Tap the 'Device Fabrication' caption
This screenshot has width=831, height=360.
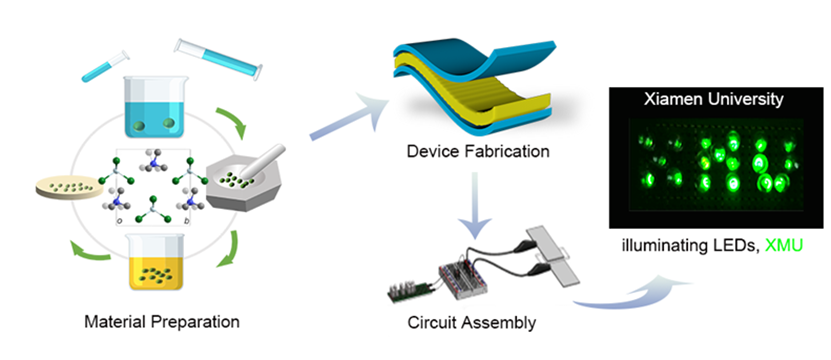coord(478,152)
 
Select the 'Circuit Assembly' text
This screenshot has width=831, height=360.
coord(472,322)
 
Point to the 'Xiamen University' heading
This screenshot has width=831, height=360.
coord(713,99)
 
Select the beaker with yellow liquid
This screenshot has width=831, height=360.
coord(155,263)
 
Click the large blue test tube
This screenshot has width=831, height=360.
coord(218,58)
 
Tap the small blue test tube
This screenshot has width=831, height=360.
coord(105,66)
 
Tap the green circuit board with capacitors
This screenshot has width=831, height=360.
coord(411,294)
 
